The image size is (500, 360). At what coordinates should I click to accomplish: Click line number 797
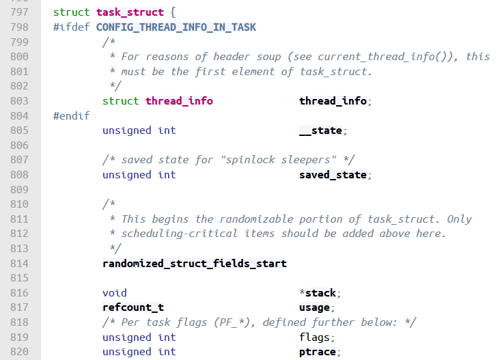point(19,12)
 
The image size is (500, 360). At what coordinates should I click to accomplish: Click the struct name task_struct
point(130,12)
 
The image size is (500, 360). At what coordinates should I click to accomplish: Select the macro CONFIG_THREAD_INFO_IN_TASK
point(176,27)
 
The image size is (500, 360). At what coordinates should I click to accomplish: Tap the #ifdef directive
point(71,27)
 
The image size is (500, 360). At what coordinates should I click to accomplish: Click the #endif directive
point(71,115)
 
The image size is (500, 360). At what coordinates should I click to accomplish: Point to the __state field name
point(320,130)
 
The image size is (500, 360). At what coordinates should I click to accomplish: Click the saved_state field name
point(333,175)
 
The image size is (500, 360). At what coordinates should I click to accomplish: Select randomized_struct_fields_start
point(195,264)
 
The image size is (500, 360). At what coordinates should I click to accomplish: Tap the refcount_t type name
point(133,308)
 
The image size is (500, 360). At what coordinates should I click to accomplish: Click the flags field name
point(314,337)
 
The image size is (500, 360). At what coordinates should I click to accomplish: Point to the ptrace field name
point(318,352)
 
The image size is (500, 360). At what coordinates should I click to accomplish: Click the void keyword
point(115,293)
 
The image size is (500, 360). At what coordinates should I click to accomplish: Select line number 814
point(19,264)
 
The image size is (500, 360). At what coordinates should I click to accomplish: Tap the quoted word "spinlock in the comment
point(225,160)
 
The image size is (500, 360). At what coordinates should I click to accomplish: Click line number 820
point(19,352)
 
